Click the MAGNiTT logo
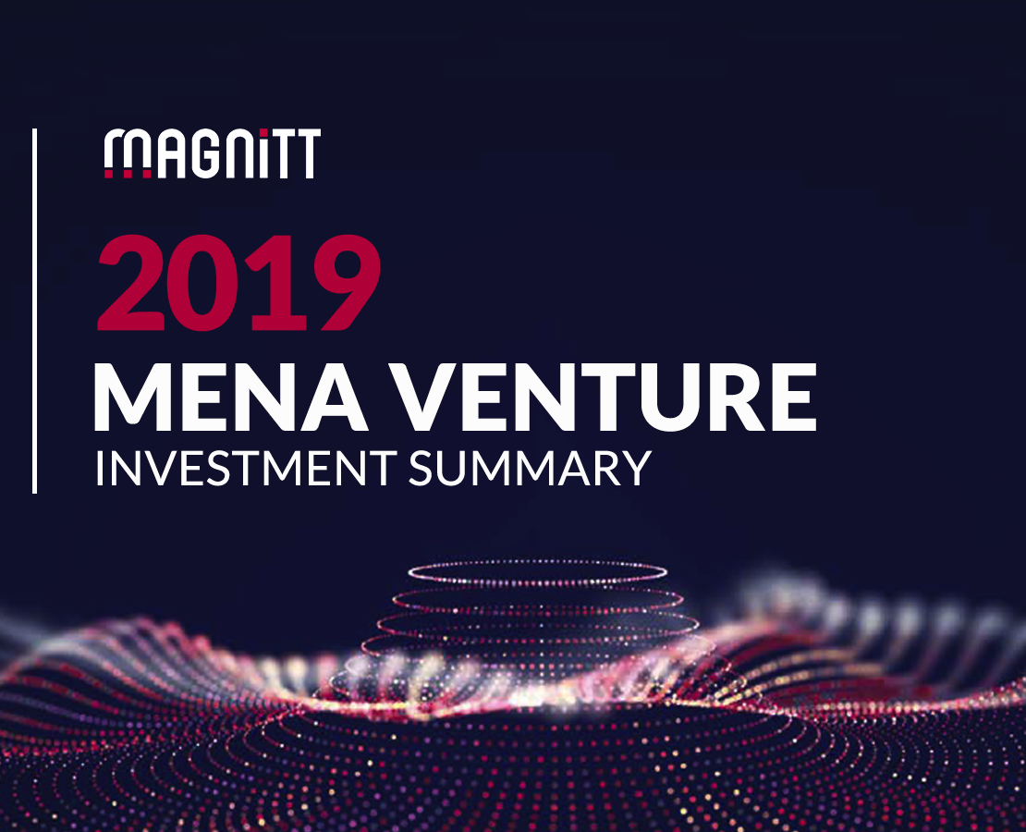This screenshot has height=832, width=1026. (x=212, y=153)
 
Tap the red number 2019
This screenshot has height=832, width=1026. (x=238, y=284)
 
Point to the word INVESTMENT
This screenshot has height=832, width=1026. (x=246, y=468)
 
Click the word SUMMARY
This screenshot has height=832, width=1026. (x=530, y=468)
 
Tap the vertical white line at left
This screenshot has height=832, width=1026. (x=35, y=311)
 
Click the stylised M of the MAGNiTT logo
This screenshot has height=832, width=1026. (x=128, y=153)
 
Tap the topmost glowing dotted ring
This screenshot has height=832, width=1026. (x=538, y=573)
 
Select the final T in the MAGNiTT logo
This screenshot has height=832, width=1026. (x=308, y=153)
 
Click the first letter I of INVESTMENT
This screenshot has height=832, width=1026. (x=99, y=468)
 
